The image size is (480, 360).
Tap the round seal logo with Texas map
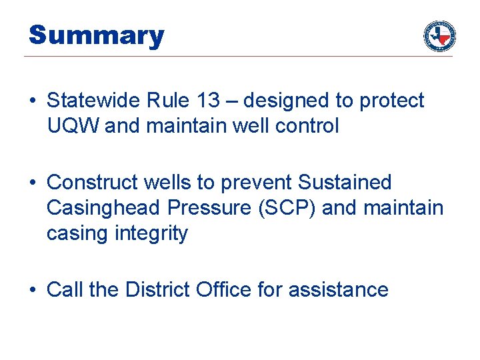439,36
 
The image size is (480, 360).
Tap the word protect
391,101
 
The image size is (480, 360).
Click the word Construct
91,182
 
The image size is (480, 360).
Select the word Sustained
345,182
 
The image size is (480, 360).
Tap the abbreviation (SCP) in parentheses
286,208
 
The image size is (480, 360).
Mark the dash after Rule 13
235,101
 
